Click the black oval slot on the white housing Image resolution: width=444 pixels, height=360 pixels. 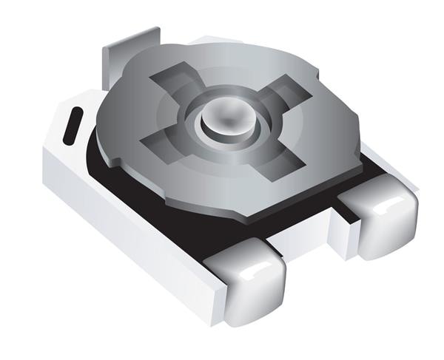click(x=73, y=126)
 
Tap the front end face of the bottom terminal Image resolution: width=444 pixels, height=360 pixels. click(x=255, y=296)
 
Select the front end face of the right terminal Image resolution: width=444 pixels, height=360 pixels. click(x=388, y=229)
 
